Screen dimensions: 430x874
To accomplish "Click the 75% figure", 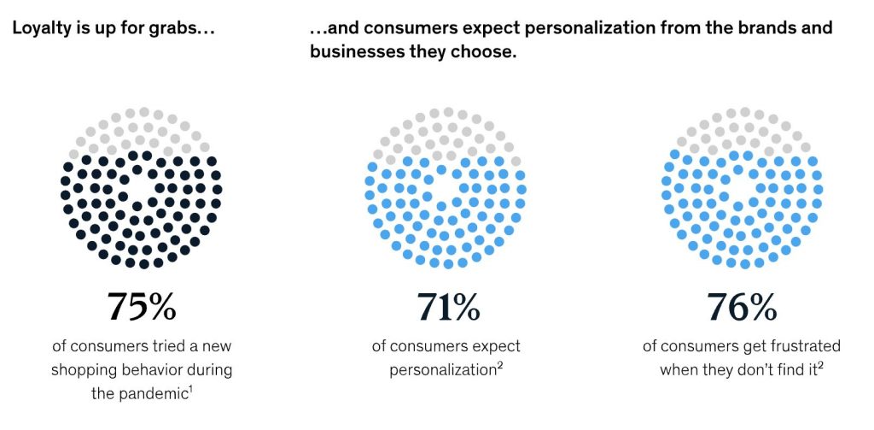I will [x=141, y=307].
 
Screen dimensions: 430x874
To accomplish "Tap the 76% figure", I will [x=741, y=307].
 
